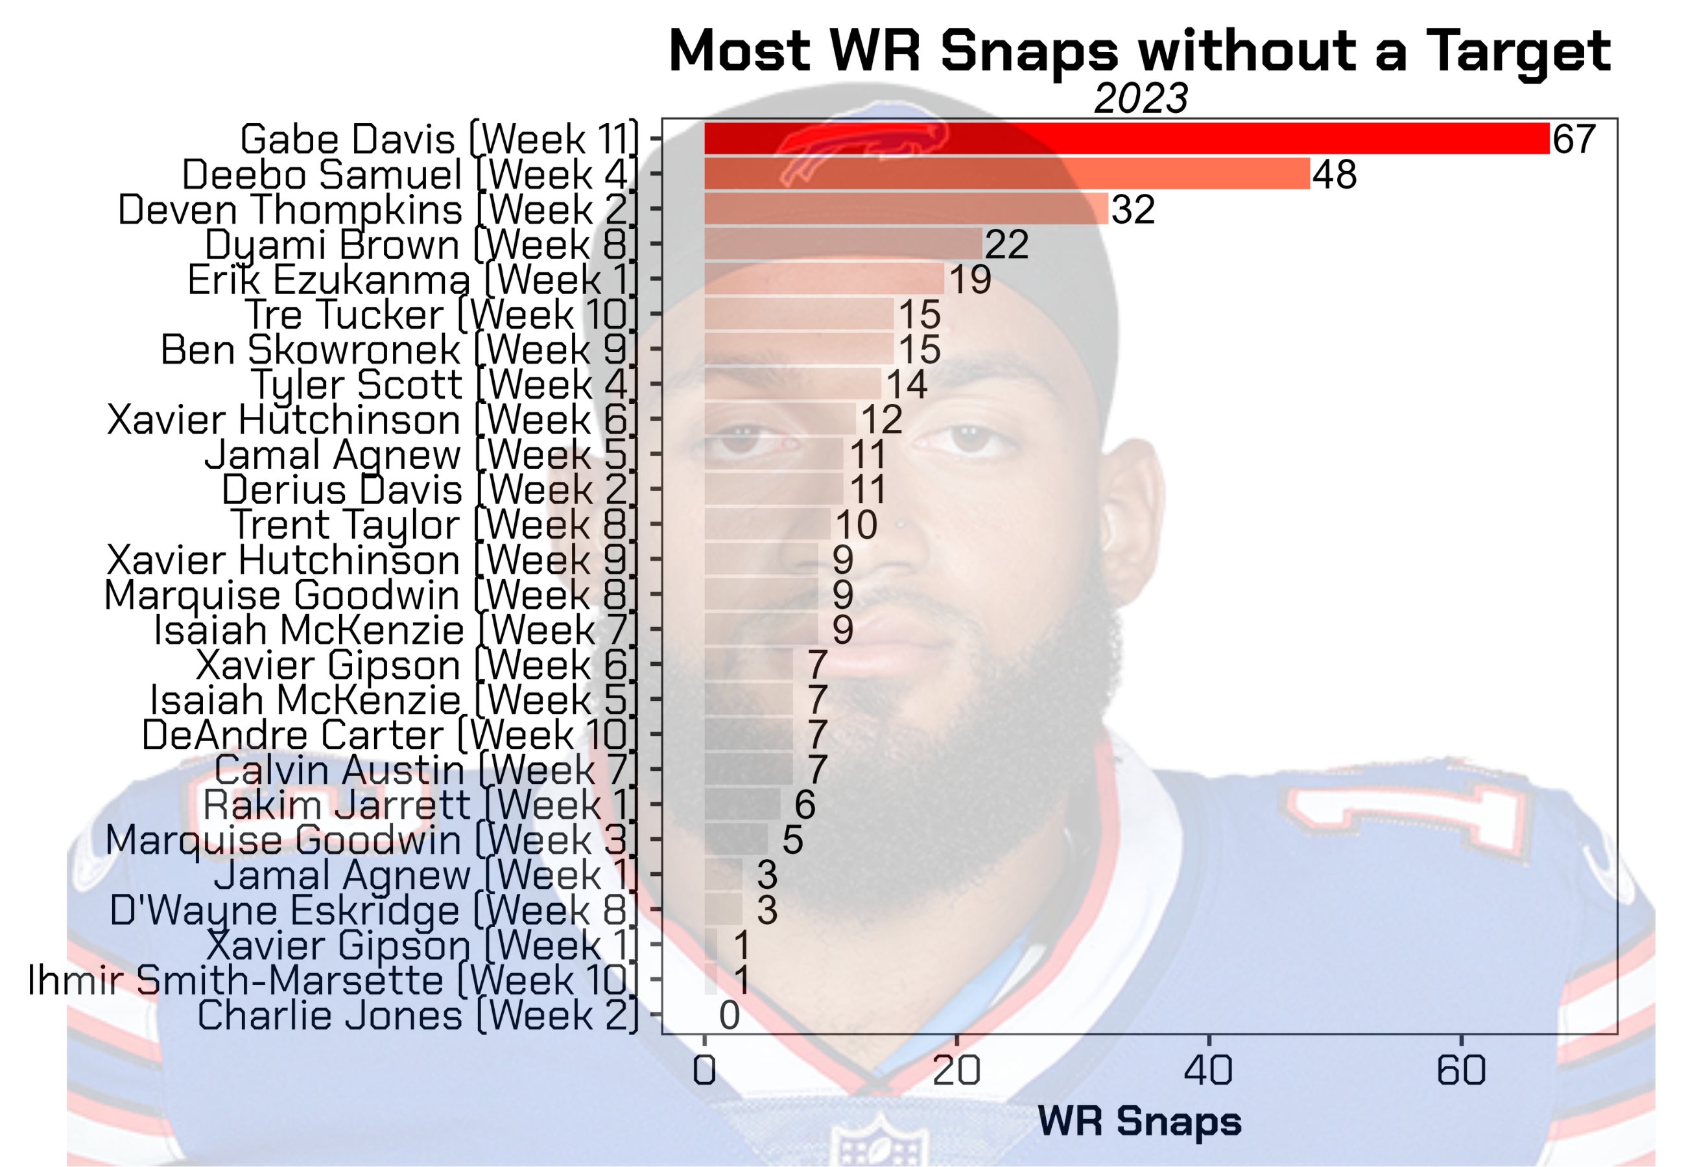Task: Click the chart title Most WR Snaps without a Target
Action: point(1139,51)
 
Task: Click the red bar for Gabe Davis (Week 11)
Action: point(1126,139)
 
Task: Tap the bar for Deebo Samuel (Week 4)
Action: point(1006,174)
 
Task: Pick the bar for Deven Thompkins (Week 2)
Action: point(905,209)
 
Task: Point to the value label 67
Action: point(1573,139)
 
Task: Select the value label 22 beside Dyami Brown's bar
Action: point(1007,244)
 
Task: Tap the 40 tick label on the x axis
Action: point(1208,1070)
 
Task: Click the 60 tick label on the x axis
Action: point(1461,1070)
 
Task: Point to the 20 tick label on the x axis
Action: point(956,1070)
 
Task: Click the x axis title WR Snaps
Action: point(1139,1122)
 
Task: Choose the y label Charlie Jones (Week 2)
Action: point(418,1015)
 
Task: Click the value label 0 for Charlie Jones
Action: point(729,1015)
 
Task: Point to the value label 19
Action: point(969,279)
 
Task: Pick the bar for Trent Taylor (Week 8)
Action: point(767,525)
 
